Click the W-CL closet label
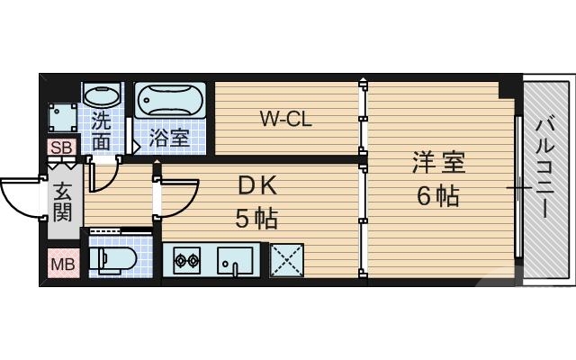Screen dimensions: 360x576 pyautogui.click(x=285, y=119)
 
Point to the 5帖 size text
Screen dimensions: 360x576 pyautogui.click(x=256, y=218)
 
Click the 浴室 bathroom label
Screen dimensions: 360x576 pyautogui.click(x=169, y=139)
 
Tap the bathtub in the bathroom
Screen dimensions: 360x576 pyautogui.click(x=171, y=100)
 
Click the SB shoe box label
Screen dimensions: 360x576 pyautogui.click(x=61, y=148)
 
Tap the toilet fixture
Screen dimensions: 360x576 pyautogui.click(x=114, y=260)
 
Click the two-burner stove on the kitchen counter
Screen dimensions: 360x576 pyautogui.click(x=186, y=263)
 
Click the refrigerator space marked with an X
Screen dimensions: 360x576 pyautogui.click(x=287, y=261)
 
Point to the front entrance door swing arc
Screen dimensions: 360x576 pyautogui.click(x=20, y=196)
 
